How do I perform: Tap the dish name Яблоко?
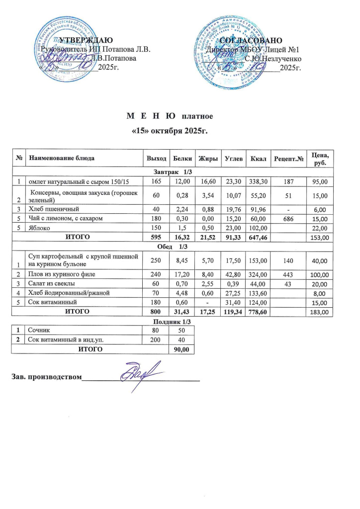[x=38, y=228]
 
